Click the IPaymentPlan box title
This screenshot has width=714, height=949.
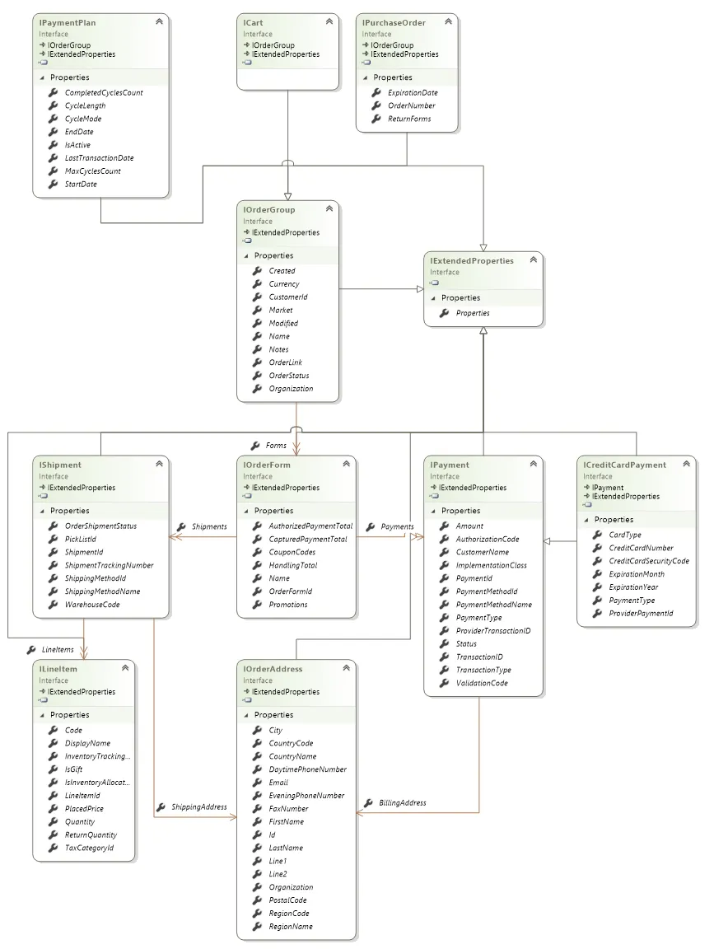68,23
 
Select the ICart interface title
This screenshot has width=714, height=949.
253,23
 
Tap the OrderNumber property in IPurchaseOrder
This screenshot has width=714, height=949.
412,105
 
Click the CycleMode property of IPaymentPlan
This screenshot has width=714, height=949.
83,119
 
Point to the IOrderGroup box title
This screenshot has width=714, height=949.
269,210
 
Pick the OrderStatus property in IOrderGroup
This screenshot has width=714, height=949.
288,376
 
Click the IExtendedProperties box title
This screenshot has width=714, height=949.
472,261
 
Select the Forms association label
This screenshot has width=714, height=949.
276,446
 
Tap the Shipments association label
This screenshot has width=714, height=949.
209,526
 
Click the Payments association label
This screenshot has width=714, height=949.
398,526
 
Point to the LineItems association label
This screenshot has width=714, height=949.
58,649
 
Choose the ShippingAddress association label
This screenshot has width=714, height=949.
199,806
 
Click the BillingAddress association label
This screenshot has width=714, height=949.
403,802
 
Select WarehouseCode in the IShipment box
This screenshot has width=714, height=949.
92,605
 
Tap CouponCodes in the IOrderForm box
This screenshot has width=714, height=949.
292,552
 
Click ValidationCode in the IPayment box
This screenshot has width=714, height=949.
482,683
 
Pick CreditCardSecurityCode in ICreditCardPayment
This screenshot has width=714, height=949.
649,561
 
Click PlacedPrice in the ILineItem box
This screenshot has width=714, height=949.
84,809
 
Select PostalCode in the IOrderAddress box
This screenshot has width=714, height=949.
287,900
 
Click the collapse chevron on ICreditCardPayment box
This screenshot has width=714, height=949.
686,465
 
